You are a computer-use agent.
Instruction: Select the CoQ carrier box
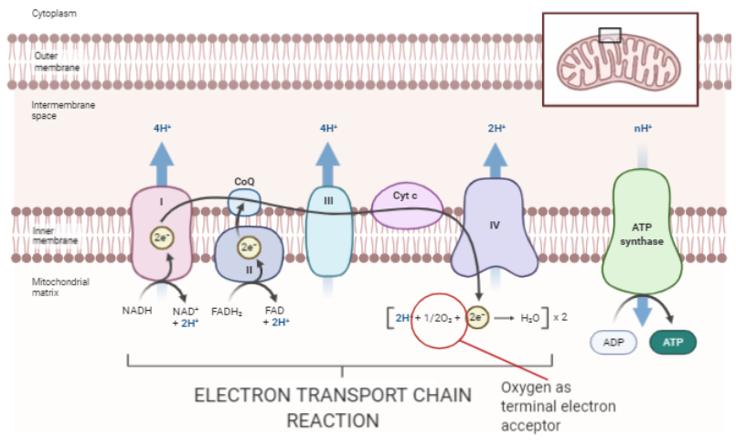(244, 201)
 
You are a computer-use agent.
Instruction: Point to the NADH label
(137, 311)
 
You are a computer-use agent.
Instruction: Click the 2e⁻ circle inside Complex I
(162, 239)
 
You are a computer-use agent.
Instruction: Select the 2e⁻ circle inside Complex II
(249, 247)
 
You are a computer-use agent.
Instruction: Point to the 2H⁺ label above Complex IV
(496, 129)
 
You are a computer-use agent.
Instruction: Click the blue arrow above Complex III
(326, 165)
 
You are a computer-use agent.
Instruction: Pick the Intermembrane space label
(63, 111)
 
